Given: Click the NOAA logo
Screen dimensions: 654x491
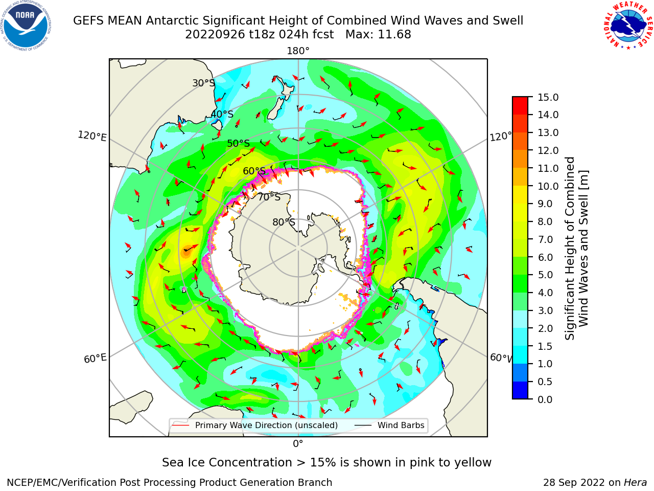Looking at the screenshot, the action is [26, 26].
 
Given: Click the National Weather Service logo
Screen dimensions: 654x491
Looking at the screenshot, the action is [628, 26].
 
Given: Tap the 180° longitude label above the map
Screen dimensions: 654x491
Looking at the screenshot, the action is [298, 51].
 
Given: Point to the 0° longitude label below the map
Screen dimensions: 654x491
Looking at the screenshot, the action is [298, 444].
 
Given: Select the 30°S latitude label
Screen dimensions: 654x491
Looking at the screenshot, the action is [203, 83].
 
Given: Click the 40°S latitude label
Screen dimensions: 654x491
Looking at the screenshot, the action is [222, 114].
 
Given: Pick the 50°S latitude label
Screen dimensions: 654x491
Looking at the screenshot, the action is [239, 143].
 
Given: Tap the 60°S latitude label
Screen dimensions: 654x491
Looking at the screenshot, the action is [254, 171].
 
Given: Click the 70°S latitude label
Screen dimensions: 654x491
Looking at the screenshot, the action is [269, 197].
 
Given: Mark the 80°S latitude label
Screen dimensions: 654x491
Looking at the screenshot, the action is [284, 222].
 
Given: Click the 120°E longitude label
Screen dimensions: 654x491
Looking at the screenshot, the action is [92, 136].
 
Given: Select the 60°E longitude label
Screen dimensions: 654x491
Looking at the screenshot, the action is [95, 359].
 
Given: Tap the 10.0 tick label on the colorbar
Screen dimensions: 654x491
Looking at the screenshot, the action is [548, 186].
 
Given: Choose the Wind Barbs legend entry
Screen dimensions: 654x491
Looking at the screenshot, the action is [389, 426].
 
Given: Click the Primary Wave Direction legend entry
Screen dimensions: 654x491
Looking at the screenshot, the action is [255, 426].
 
